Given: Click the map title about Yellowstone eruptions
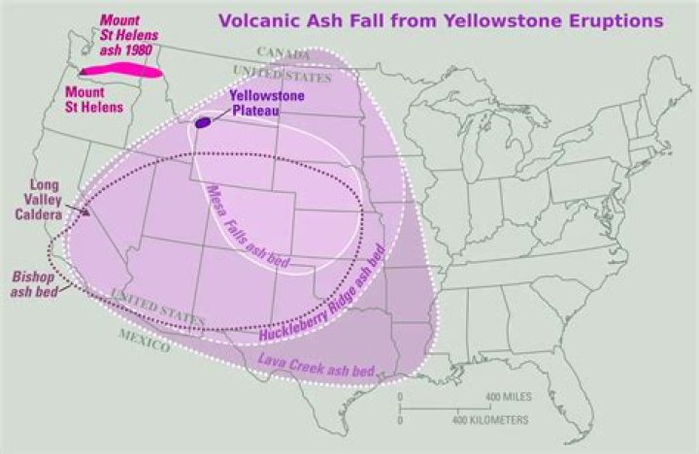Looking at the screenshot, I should [441, 18].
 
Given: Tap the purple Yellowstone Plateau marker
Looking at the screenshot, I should [203, 122].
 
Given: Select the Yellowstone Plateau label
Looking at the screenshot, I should [266, 103].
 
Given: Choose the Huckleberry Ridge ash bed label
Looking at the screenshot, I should [324, 292].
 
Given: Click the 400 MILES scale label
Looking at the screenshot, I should [507, 398].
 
